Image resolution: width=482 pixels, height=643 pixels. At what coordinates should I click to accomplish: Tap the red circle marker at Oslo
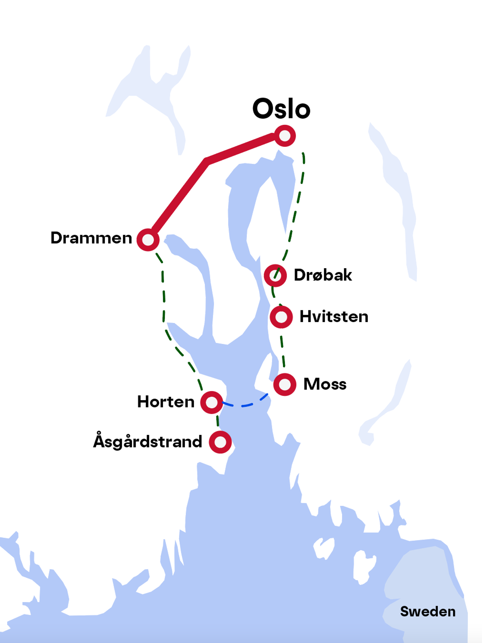tap(285, 136)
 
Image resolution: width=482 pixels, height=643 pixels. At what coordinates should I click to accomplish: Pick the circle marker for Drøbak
tap(275, 275)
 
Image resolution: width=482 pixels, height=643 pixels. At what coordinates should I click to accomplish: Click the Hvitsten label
tap(334, 317)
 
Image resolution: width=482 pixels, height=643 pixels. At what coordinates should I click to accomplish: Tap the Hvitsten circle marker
tap(281, 317)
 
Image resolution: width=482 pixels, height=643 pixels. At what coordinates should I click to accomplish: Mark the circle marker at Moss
tap(285, 384)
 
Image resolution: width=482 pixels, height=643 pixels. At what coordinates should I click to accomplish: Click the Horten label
tap(166, 402)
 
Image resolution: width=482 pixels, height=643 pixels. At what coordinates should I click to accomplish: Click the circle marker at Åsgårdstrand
tap(220, 442)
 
